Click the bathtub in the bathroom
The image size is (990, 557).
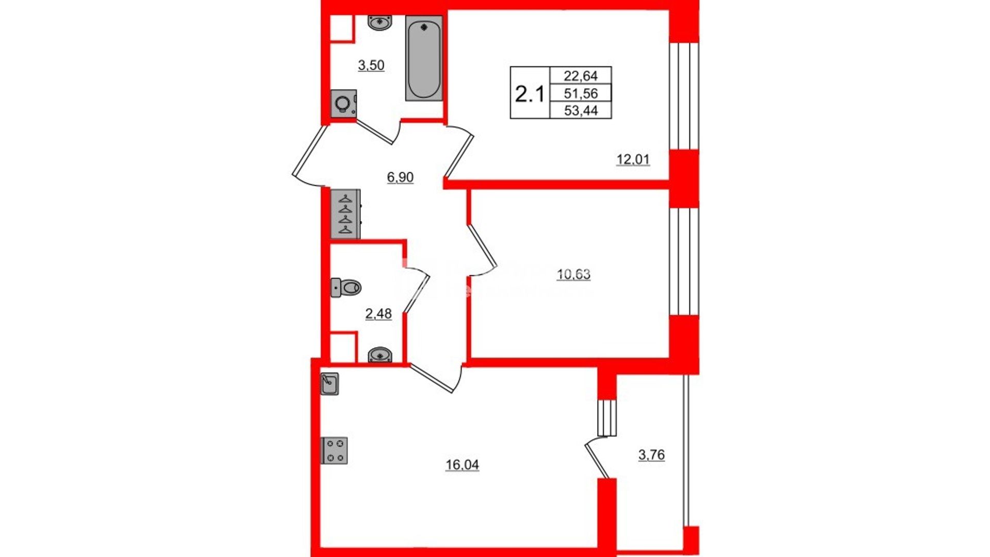(424, 58)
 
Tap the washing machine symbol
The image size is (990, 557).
(343, 104)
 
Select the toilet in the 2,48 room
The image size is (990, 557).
(345, 287)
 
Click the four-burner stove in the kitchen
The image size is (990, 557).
(334, 450)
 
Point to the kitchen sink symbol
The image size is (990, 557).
(329, 384)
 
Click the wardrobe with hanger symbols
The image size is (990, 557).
(345, 214)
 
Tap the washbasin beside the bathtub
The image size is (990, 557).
(380, 23)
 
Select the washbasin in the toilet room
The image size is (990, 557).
(380, 355)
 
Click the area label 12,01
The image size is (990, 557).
(633, 159)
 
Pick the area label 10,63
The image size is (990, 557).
(573, 274)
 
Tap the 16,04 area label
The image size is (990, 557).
(462, 465)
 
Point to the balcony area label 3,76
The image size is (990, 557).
(651, 455)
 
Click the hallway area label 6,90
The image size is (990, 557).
(400, 177)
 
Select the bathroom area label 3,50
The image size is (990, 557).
(371, 65)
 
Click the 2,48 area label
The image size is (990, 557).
(378, 314)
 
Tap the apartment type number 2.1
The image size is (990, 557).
(530, 94)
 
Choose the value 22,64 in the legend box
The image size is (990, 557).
(581, 76)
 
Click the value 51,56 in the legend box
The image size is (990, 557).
(581, 93)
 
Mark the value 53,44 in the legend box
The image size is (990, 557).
(581, 110)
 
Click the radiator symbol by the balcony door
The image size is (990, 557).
(607, 418)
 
